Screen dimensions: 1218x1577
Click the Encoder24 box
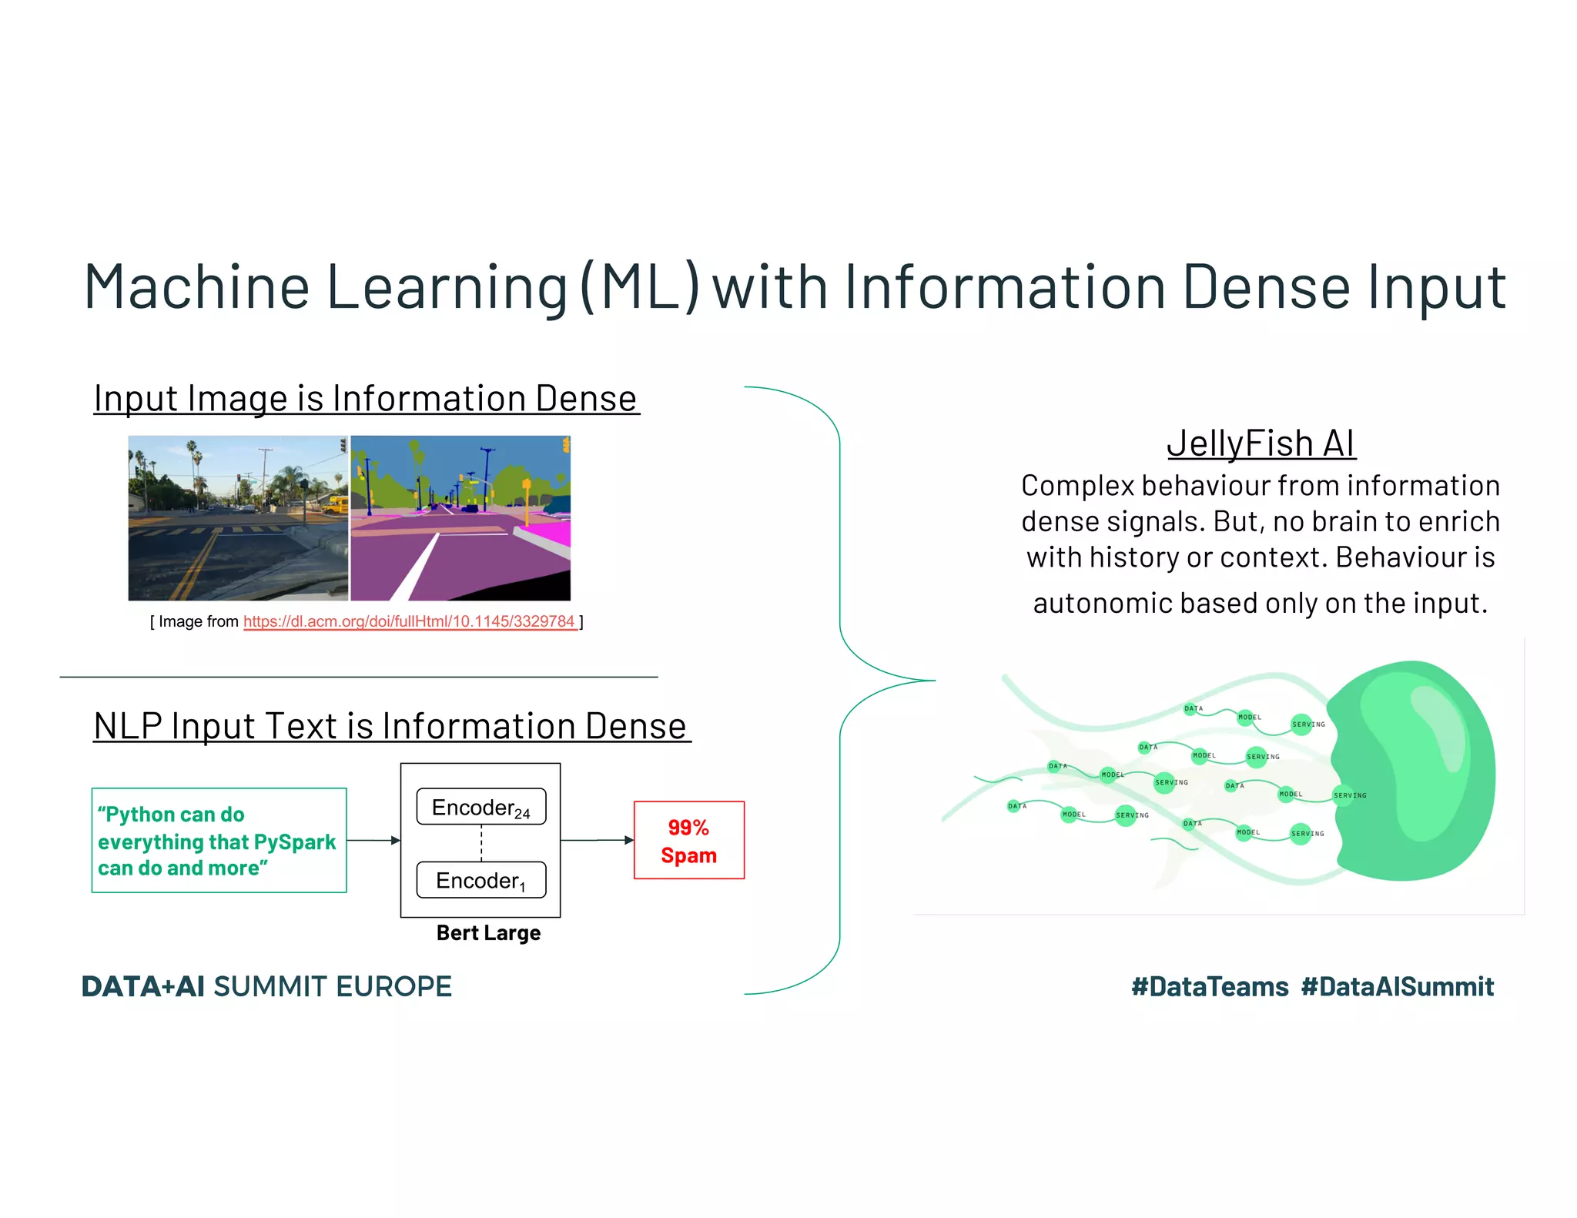[x=480, y=807]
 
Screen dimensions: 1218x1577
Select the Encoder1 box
[x=480, y=880]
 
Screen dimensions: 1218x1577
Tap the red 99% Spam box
[x=688, y=840]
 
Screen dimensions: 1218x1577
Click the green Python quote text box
[x=219, y=840]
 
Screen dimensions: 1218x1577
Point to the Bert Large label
[x=488, y=933]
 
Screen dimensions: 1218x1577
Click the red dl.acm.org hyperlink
[x=410, y=621]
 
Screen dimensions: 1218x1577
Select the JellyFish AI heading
[x=1261, y=443]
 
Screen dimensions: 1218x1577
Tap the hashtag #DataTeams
[x=1210, y=986]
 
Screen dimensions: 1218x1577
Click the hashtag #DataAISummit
[x=1397, y=986]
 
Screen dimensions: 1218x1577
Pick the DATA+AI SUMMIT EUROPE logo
[x=266, y=986]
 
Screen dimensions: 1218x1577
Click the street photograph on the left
[x=238, y=518]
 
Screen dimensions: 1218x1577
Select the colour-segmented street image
[x=460, y=518]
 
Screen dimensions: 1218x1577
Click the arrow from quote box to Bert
[x=373, y=840]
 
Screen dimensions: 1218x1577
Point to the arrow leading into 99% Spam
[x=597, y=840]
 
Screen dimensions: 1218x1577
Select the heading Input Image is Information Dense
[x=366, y=399]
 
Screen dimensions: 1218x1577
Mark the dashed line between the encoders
[x=481, y=843]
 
